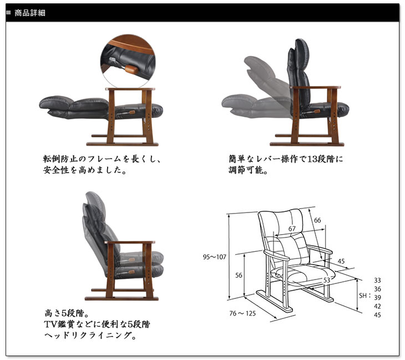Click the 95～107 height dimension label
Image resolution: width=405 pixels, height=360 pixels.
pyautogui.click(x=214, y=256)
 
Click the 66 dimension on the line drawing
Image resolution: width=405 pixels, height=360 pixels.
pyautogui.click(x=317, y=220)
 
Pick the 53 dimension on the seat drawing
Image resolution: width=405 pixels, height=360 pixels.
pyautogui.click(x=327, y=281)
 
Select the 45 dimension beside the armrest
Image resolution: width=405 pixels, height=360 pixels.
pyautogui.click(x=341, y=261)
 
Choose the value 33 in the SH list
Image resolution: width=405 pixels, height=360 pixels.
pyautogui.click(x=378, y=280)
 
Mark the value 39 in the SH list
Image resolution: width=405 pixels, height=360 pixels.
pyautogui.click(x=378, y=298)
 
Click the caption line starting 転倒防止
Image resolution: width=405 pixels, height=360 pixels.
pyautogui.click(x=102, y=159)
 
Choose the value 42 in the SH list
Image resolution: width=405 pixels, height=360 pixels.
pyautogui.click(x=378, y=306)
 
